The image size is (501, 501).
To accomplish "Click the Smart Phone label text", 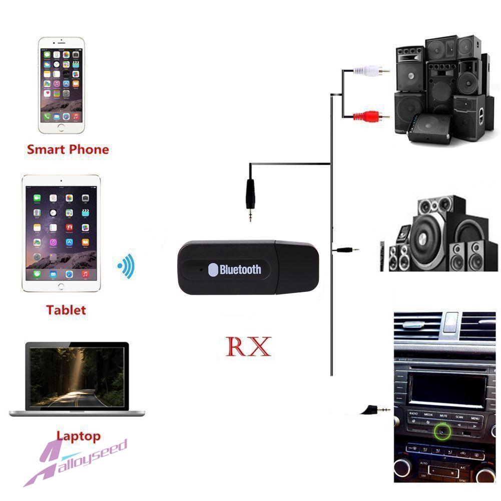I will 68,149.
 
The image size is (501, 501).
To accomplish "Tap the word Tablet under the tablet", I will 66,310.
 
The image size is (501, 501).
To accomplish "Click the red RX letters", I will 248,346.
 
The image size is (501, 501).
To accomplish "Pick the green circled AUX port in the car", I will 442,429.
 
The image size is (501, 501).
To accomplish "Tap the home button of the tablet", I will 61,286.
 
